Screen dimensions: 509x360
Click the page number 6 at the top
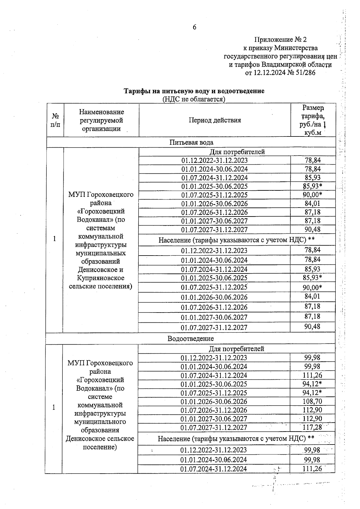pyautogui.click(x=194, y=27)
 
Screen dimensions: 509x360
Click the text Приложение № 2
pyautogui.click(x=280, y=40)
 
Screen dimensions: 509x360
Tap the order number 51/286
pyautogui.click(x=305, y=73)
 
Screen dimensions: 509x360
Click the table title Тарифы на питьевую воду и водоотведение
pyautogui.click(x=194, y=91)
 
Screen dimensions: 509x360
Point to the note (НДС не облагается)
pyautogui.click(x=194, y=99)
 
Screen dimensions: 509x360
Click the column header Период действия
pyautogui.click(x=215, y=120)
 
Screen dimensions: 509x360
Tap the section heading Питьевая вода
pyautogui.click(x=191, y=142)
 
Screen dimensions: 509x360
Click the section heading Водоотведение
pyautogui.click(x=191, y=339)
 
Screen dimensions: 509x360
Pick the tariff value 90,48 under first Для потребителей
pyautogui.click(x=312, y=229)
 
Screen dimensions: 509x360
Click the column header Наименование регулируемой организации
pyautogui.click(x=101, y=120)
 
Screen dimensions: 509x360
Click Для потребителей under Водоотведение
pyautogui.click(x=236, y=349)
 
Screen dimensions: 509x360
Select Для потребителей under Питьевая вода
pyautogui.click(x=237, y=152)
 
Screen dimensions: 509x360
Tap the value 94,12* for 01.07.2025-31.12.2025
pyautogui.click(x=312, y=393)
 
